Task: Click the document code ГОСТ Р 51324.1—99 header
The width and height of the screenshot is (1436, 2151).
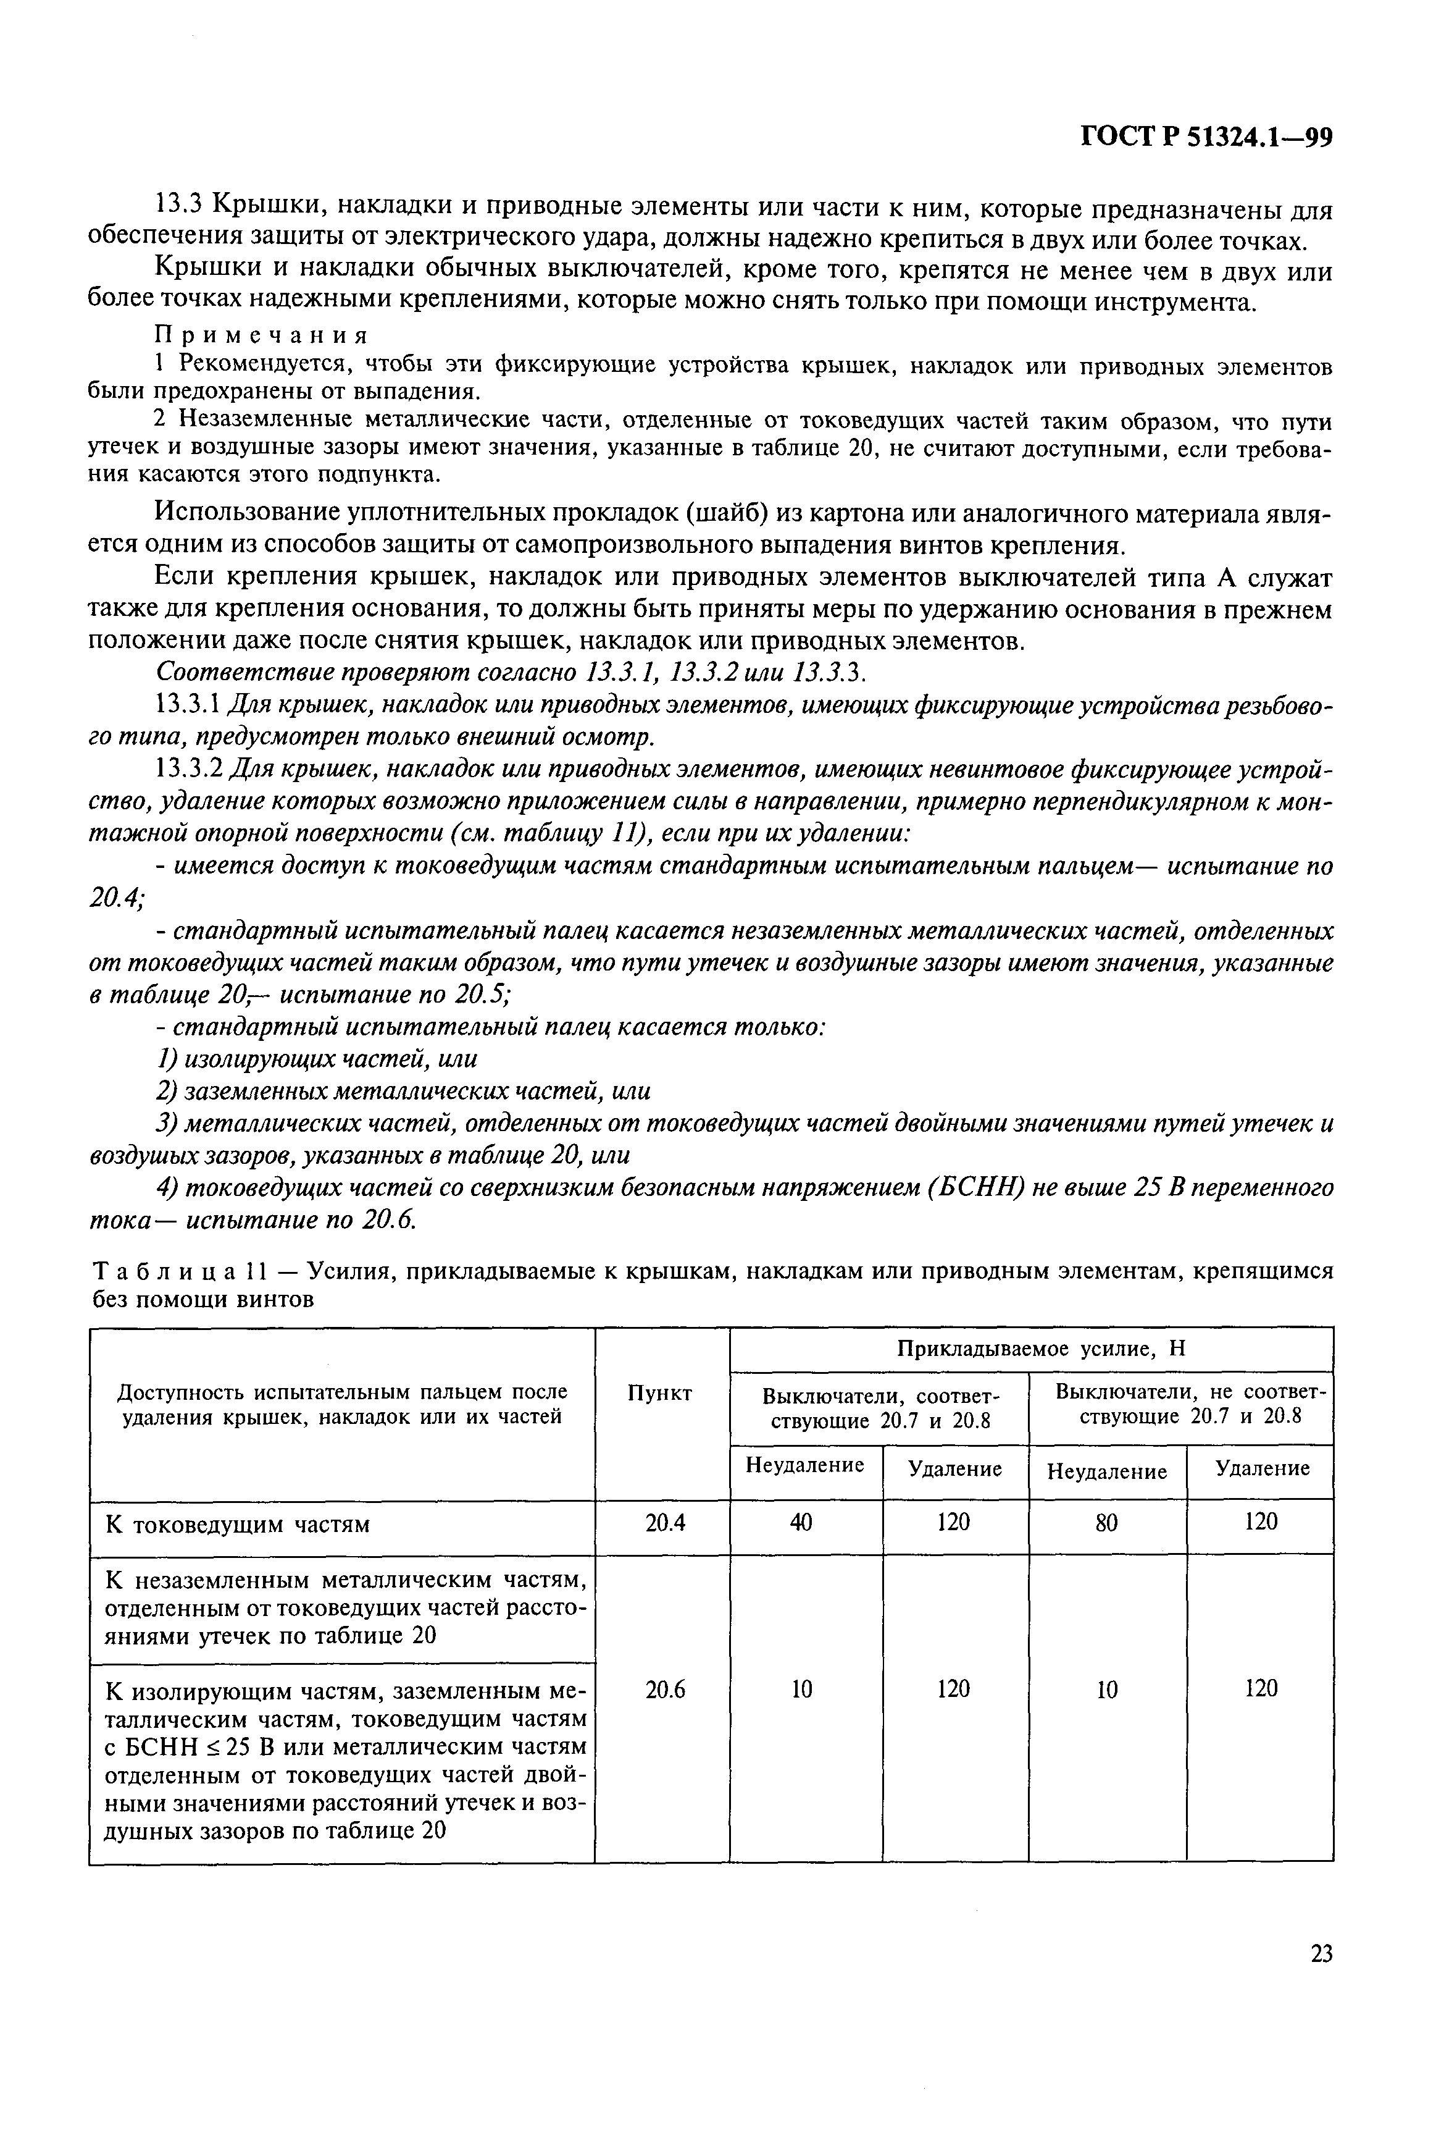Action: (1206, 137)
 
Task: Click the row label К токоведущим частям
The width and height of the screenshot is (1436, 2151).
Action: (238, 1525)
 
